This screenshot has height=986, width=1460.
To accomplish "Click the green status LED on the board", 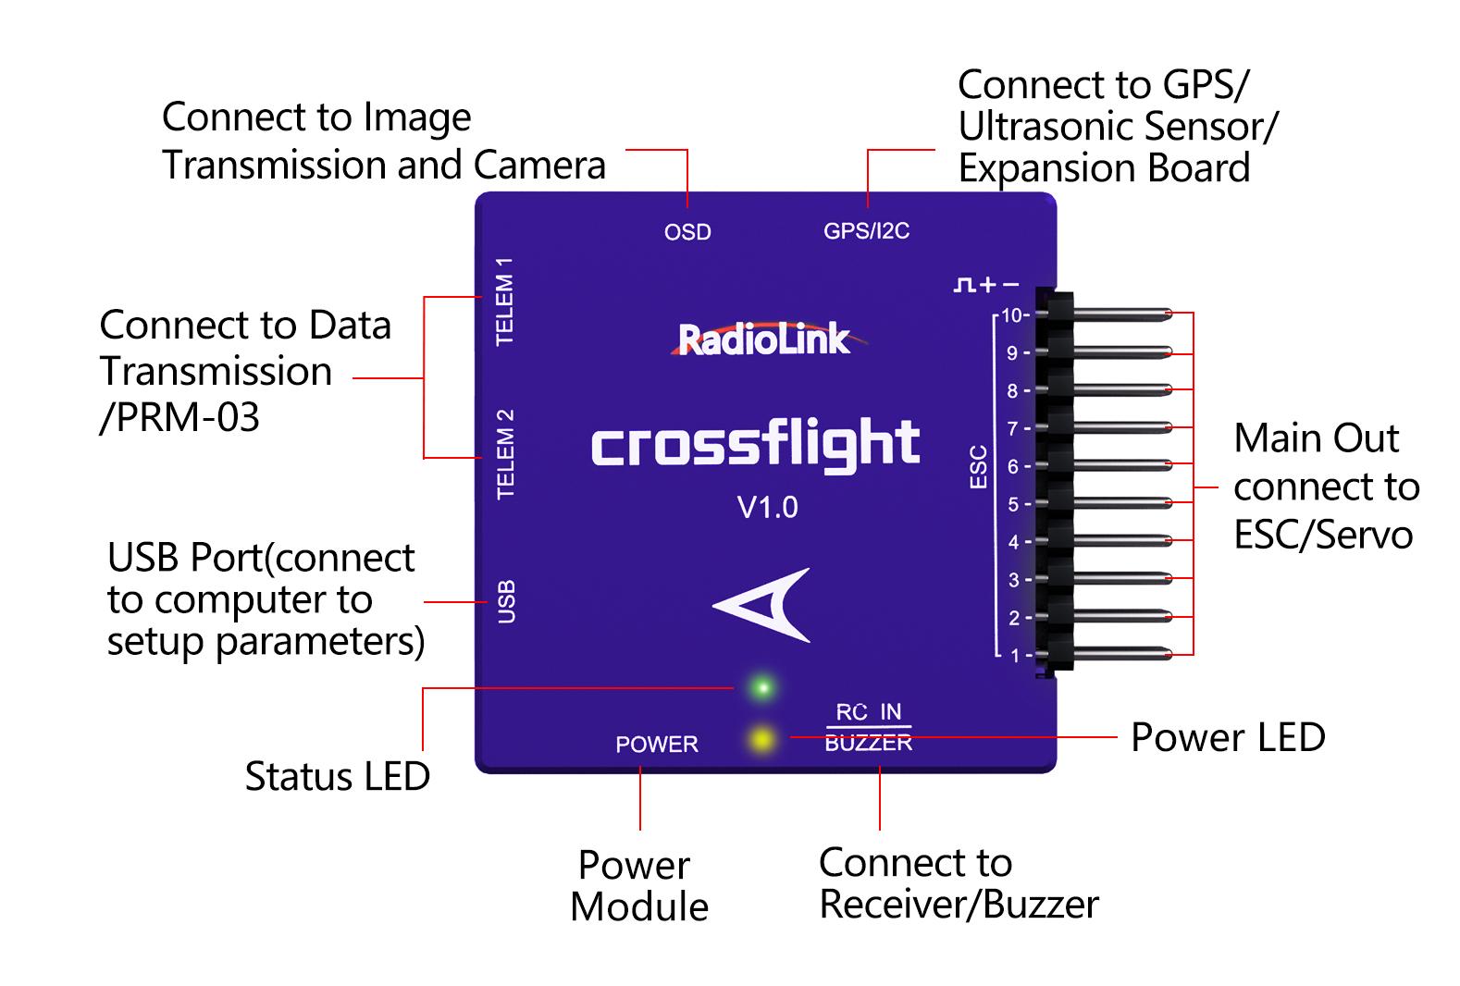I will [x=763, y=687].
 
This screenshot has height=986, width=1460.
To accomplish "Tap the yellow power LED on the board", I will [x=761, y=739].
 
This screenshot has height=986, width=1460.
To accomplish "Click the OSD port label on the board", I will [x=687, y=232].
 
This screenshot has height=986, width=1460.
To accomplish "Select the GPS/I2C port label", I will [x=866, y=231].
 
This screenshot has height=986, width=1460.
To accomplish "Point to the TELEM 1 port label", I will [x=505, y=302].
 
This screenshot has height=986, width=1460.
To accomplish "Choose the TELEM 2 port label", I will [x=505, y=453].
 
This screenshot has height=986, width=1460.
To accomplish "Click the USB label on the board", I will [x=506, y=601].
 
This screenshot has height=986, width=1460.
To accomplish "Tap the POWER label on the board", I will [x=657, y=745].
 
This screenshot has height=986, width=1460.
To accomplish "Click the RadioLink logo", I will [x=764, y=339].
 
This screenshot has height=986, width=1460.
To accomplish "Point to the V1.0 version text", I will [x=767, y=507].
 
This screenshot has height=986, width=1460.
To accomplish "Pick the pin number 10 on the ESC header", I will [x=1012, y=315].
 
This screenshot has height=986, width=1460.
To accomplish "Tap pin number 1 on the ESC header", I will [x=1016, y=655].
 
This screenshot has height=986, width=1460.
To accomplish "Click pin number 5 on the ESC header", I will [x=1014, y=504].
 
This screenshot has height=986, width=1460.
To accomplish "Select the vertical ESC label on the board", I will [x=978, y=466].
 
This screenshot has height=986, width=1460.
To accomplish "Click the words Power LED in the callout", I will [x=1228, y=737].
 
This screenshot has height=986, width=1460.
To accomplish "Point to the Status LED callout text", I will [x=337, y=776].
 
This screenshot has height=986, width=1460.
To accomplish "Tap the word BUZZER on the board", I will [x=868, y=743].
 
